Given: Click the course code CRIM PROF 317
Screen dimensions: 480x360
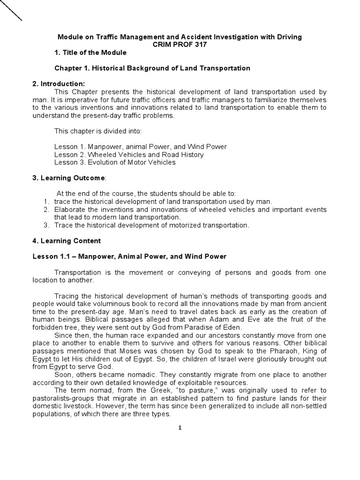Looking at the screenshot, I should [180, 44].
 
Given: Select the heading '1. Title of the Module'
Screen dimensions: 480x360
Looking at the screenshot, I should [90, 52].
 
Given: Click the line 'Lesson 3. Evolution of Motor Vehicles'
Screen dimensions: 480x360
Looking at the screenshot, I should [115, 162].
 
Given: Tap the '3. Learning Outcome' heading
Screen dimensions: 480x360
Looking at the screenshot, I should [69, 178].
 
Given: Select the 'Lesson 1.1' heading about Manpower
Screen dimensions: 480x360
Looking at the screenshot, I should [129, 256].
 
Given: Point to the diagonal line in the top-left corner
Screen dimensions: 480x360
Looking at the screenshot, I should [11, 10].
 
